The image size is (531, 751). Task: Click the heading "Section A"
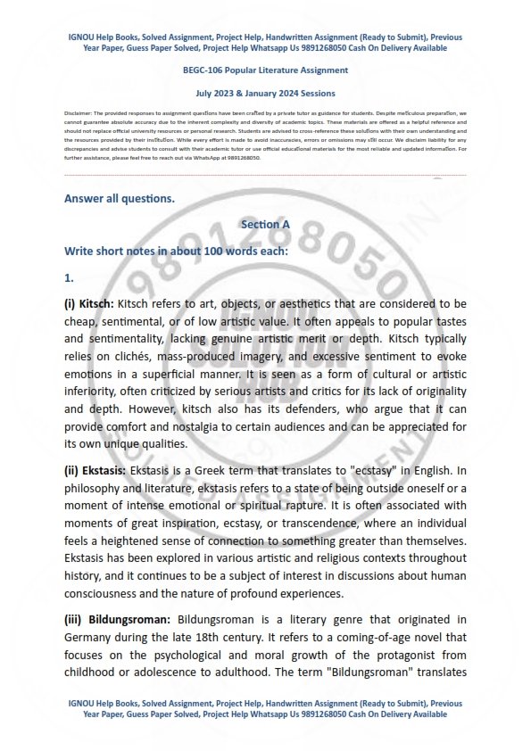pyautogui.click(x=265, y=225)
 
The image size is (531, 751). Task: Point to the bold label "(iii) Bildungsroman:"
pyautogui.click(x=119, y=619)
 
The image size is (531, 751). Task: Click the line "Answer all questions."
pyautogui.click(x=120, y=198)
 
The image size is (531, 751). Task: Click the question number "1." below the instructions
pyautogui.click(x=69, y=277)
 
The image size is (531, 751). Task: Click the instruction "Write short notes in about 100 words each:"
pyautogui.click(x=176, y=251)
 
